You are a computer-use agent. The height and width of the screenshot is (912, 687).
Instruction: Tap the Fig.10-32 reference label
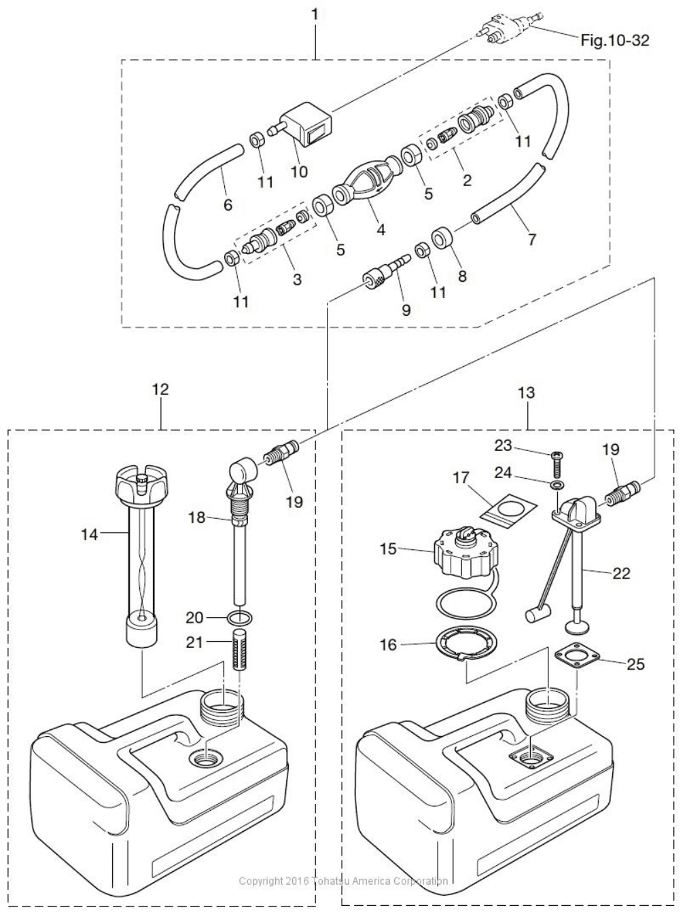click(614, 41)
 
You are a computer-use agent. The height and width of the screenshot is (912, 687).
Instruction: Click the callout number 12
click(160, 389)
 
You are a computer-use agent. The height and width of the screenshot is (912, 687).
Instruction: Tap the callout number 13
click(526, 393)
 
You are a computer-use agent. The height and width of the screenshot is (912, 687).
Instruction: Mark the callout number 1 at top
click(315, 14)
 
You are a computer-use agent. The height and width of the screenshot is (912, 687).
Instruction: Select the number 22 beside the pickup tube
click(621, 573)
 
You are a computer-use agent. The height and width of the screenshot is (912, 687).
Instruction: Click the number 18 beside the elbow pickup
click(196, 517)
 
